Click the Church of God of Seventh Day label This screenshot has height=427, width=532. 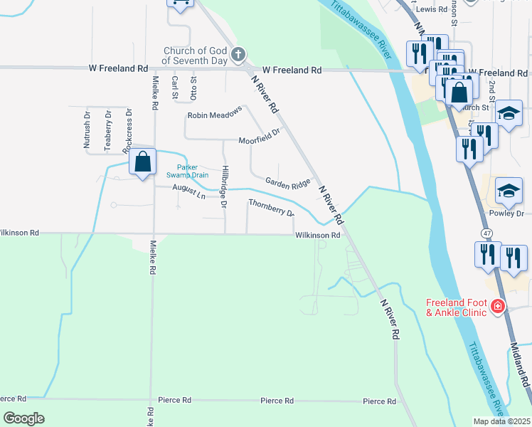pyautogui.click(x=196, y=55)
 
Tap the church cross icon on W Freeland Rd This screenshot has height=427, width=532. pyautogui.click(x=238, y=54)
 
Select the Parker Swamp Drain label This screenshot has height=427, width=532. pyautogui.click(x=187, y=171)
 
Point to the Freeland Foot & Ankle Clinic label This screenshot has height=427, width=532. pyautogui.click(x=455, y=307)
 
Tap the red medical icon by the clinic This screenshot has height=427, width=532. pyautogui.click(x=498, y=307)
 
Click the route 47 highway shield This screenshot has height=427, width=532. pyautogui.click(x=486, y=233)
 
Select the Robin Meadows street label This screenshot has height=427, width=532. pyautogui.click(x=215, y=114)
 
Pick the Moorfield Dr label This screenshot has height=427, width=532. pyautogui.click(x=260, y=139)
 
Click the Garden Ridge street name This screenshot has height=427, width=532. pyautogui.click(x=288, y=182)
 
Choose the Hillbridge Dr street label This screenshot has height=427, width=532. pyautogui.click(x=223, y=186)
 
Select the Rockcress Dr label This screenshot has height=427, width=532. pyautogui.click(x=128, y=130)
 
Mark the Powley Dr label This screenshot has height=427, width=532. pyautogui.click(x=506, y=213)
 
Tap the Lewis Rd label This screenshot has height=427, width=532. pyautogui.click(x=432, y=9)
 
